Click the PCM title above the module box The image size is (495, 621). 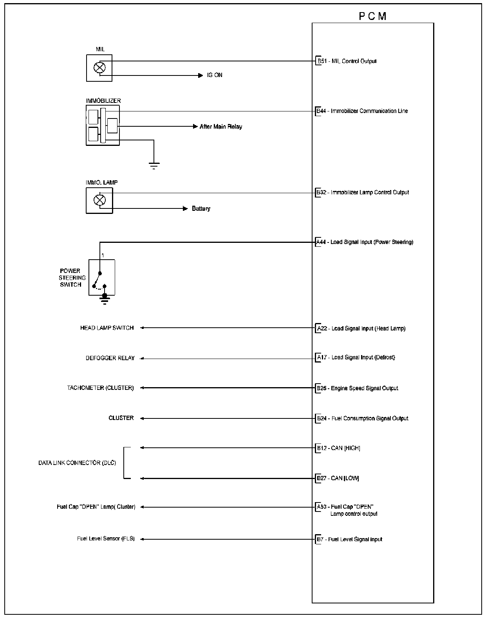(x=372, y=16)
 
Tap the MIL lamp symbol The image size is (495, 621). (x=99, y=68)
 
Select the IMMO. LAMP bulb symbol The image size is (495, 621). (x=99, y=200)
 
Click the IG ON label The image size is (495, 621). (x=215, y=75)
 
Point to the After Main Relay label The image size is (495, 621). (x=221, y=127)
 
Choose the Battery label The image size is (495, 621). (x=201, y=209)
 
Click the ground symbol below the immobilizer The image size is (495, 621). (x=154, y=165)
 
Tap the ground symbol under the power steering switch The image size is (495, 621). (x=105, y=300)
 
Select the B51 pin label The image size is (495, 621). (x=322, y=61)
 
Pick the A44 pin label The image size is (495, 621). (x=321, y=242)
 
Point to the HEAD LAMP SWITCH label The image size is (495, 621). (x=107, y=328)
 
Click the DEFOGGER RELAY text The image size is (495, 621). (x=110, y=358)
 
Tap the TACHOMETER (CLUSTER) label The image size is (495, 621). (x=100, y=388)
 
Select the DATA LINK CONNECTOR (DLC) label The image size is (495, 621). (x=77, y=463)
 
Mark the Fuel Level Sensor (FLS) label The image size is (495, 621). (x=106, y=539)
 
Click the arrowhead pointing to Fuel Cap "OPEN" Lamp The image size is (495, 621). (x=142, y=507)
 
